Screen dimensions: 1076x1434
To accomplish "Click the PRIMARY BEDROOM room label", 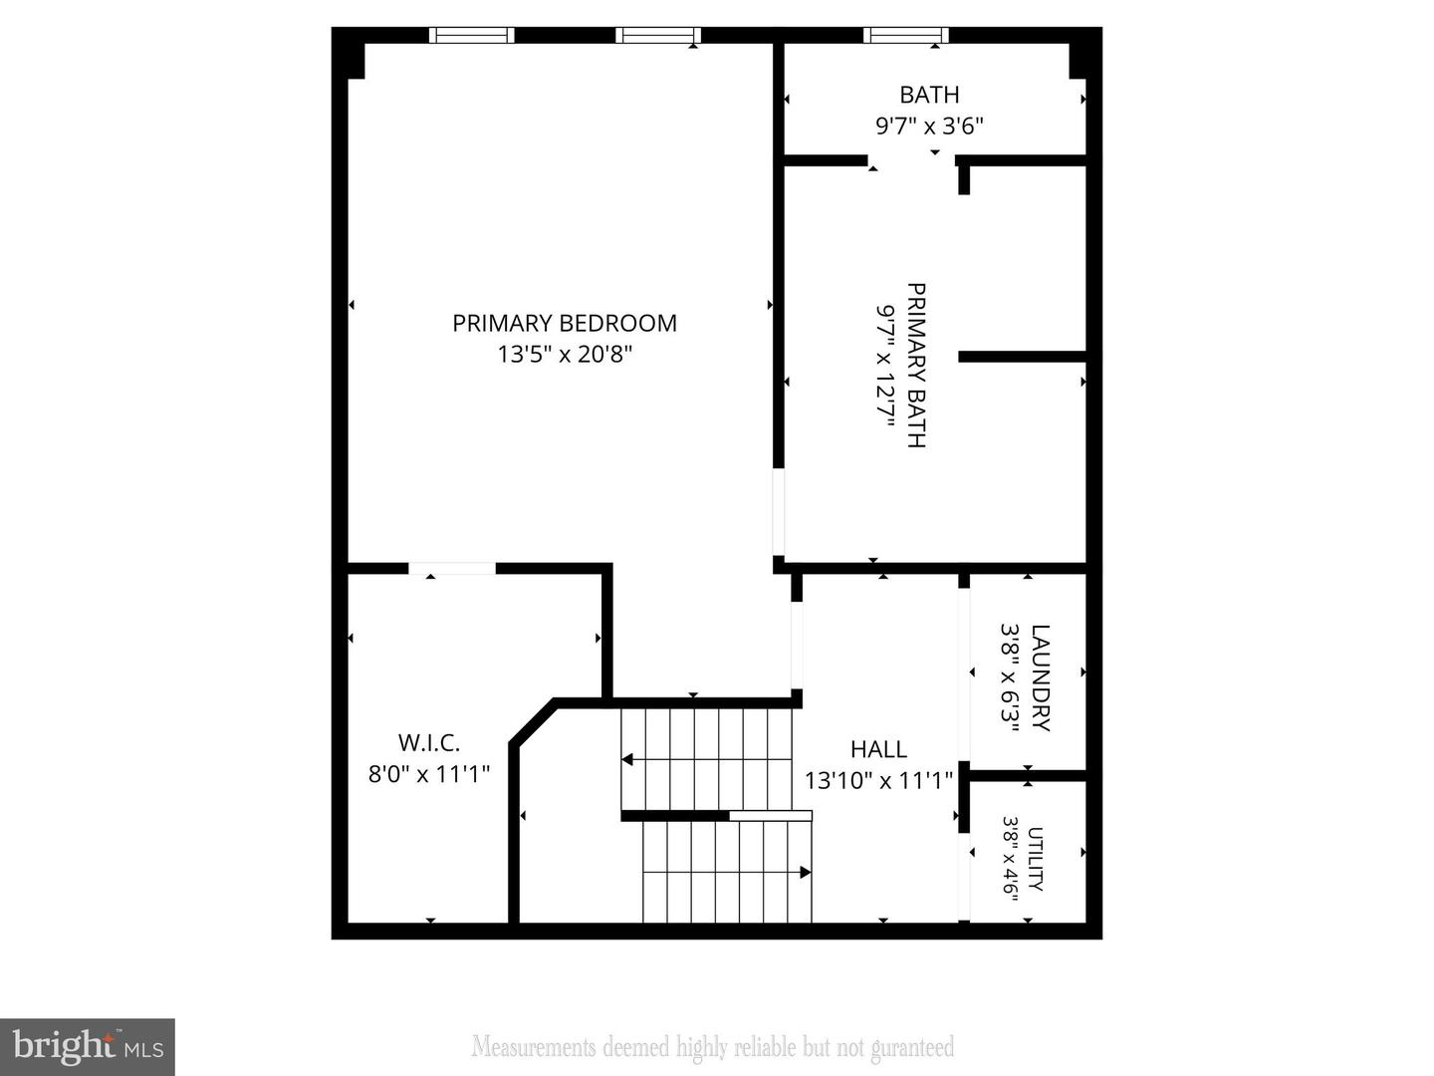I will pos(565,323).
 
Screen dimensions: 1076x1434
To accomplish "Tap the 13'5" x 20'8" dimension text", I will pos(565,354).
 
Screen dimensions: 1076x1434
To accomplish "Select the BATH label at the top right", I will pos(929,95).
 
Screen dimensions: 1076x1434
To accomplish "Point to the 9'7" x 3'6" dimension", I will pos(929,126).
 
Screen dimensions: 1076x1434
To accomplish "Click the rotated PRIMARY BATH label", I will pos(916,366).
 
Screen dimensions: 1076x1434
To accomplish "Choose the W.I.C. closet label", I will pos(429,742).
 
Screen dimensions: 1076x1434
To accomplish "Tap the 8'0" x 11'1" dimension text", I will pos(429,773).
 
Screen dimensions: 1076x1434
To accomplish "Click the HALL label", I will pos(878,748).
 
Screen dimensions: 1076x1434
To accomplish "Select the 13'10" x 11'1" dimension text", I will pos(878,779).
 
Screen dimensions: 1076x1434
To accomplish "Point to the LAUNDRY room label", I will pos(1040,677).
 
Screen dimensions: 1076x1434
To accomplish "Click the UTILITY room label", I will pos(1036,859).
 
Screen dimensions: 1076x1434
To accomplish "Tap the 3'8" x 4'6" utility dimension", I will pos(1011,859).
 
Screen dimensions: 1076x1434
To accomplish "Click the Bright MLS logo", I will pos(88,1046).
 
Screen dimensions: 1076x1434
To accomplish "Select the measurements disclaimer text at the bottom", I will pos(713,1047).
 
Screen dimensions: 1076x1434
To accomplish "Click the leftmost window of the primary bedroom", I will pos(472,36).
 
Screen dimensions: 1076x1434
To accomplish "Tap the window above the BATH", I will pos(905,36).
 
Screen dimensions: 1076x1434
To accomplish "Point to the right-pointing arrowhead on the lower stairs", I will pos(805,873).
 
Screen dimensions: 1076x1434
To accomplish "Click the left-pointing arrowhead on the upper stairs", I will pos(628,760).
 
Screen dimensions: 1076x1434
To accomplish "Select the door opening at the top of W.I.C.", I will pos(452,569).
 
